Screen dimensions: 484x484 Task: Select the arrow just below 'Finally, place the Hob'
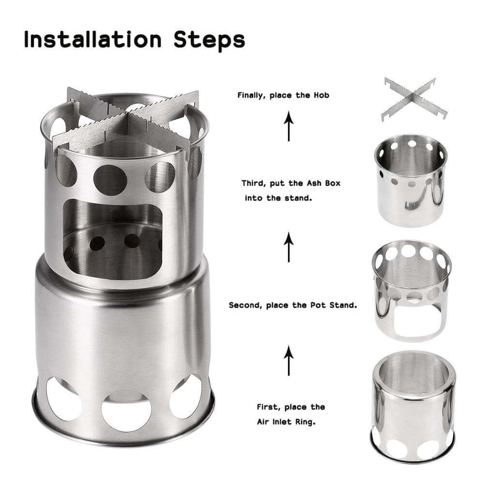(289, 126)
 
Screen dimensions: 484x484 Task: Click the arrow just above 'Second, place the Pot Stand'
(289, 247)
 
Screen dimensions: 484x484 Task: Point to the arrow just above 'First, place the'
(289, 361)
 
